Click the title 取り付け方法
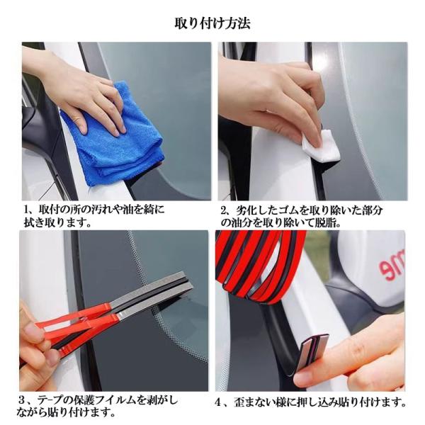point(212,23)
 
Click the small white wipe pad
point(322,147)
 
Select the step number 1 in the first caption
point(28,210)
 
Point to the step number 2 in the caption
point(223,210)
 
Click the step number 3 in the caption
point(22,399)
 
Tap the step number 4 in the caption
point(218,402)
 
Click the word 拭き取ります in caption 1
point(57,223)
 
